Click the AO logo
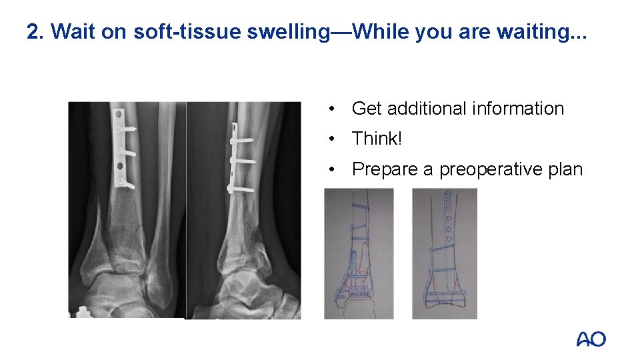[x=591, y=339]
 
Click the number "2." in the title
[x=35, y=31]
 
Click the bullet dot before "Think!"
[x=331, y=139]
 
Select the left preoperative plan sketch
[x=359, y=253]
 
